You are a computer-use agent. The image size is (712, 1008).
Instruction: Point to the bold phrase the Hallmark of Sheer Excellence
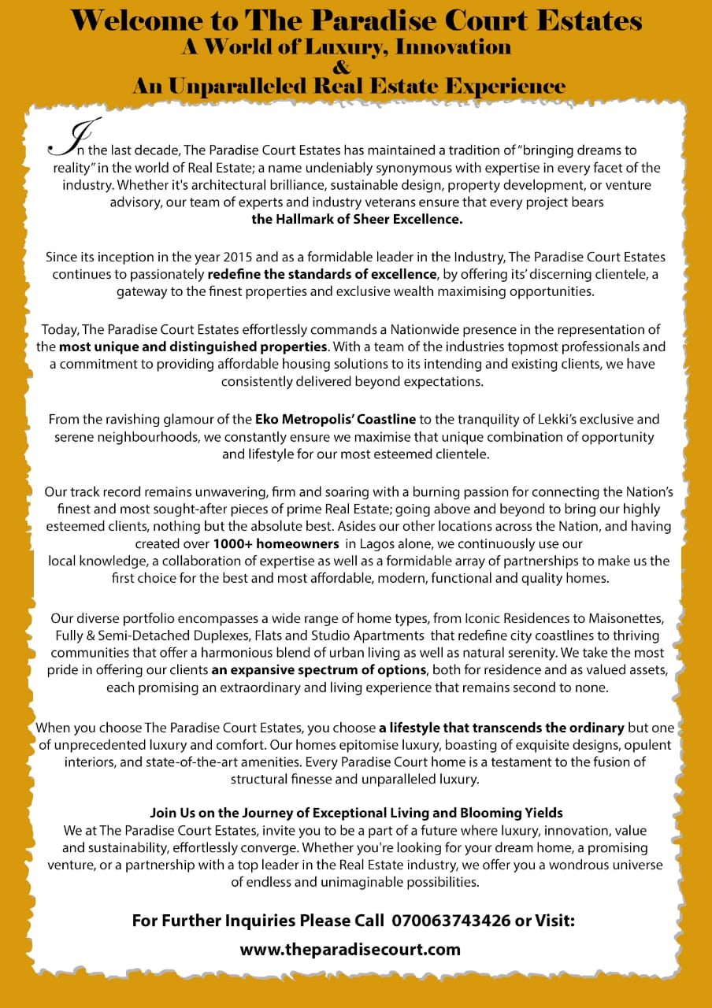tap(357, 220)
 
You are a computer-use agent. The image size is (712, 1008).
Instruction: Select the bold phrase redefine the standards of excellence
tap(322, 274)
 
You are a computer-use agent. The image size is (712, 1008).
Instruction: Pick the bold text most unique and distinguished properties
tap(193, 346)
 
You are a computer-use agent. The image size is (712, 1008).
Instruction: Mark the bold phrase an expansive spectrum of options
tap(318, 670)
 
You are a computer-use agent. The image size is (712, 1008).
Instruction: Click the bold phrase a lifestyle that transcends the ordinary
tap(502, 727)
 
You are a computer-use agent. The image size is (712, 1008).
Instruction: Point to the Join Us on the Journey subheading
tap(356, 812)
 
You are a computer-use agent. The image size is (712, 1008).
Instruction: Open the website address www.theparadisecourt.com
tap(350, 949)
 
